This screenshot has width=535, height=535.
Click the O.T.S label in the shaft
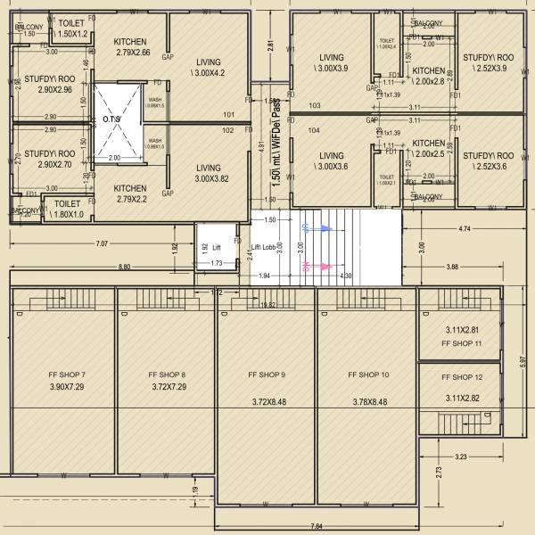coord(111,119)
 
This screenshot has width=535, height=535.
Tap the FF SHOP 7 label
coord(67,374)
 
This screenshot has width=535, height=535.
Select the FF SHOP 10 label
coord(366,374)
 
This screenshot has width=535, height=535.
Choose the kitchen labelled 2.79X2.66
coord(130,53)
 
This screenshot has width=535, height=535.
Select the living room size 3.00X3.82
coord(209,178)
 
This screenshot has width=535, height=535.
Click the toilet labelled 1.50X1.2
coord(73,32)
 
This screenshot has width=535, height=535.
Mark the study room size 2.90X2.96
coord(49,90)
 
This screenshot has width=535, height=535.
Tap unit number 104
coord(314,130)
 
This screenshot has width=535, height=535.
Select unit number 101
coord(228,114)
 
